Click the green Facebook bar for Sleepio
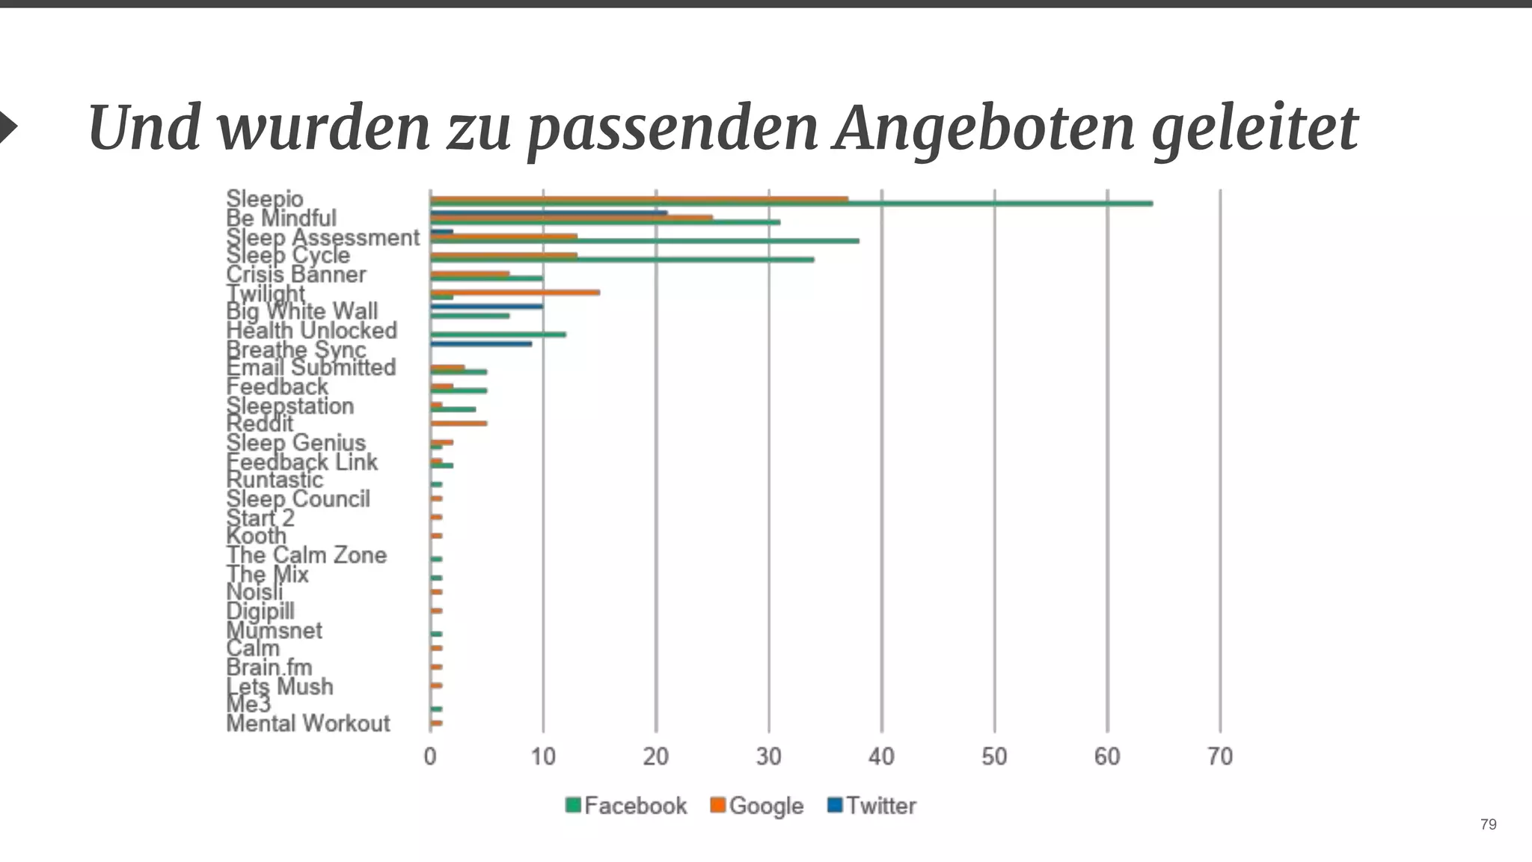[791, 204]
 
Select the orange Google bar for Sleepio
[639, 199]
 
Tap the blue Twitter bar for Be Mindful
[548, 213]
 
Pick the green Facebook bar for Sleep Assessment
[644, 241]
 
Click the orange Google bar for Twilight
[515, 293]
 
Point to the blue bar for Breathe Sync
[481, 344]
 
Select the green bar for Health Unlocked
[498, 334]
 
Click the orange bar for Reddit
[459, 424]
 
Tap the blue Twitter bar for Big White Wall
[486, 307]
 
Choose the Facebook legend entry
[626, 806]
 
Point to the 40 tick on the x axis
[881, 757]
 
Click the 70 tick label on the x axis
[1219, 757]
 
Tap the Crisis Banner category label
[296, 275]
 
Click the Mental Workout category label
[308, 724]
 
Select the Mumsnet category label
[275, 630]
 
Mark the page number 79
[1488, 825]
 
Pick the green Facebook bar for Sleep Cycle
[622, 260]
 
